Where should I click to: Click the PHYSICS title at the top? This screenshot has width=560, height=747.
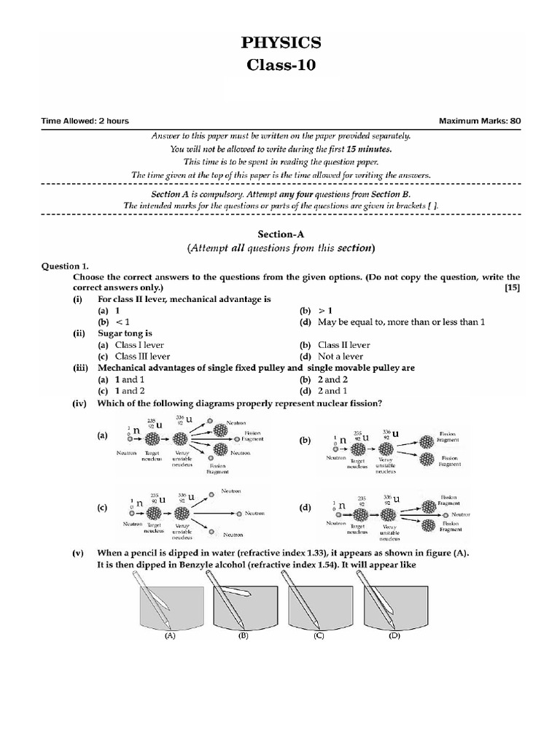click(281, 44)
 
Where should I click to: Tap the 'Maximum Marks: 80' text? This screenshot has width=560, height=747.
click(479, 121)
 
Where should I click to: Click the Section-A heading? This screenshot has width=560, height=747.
click(281, 234)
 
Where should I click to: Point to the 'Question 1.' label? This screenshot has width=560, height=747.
click(65, 267)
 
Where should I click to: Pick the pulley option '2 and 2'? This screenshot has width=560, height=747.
click(334, 379)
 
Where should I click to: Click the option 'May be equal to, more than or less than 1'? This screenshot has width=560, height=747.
click(401, 322)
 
